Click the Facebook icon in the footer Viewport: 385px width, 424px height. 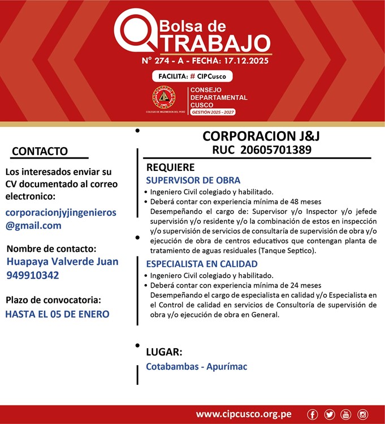click(x=313, y=414)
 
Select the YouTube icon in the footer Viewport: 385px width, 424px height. click(x=345, y=414)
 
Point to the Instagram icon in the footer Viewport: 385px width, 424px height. click(x=362, y=414)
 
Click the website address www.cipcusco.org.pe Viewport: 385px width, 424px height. click(x=244, y=414)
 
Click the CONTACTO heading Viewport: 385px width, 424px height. click(x=40, y=151)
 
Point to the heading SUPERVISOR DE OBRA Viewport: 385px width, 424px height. click(x=193, y=181)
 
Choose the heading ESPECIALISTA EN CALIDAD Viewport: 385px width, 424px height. click(x=202, y=264)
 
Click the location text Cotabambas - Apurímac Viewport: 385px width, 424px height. click(x=196, y=366)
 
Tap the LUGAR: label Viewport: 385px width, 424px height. click(x=164, y=351)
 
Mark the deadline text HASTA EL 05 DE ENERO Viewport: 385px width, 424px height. click(x=57, y=314)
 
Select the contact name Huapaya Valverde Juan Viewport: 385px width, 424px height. click(x=62, y=262)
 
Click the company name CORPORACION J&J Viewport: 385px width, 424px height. click(x=257, y=136)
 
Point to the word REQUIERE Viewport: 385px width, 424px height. click(x=170, y=168)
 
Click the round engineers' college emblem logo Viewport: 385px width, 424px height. click(x=164, y=98)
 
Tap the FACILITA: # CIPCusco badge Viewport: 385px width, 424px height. click(x=192, y=76)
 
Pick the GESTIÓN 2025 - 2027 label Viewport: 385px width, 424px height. click(x=213, y=112)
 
